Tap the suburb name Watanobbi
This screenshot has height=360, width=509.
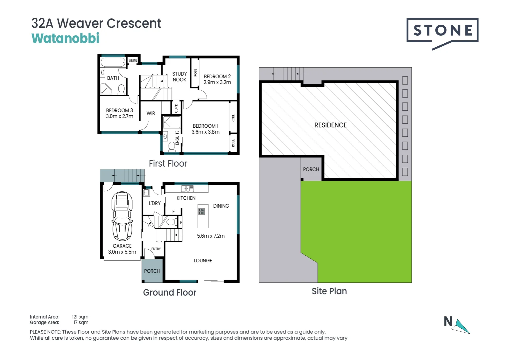click(65, 38)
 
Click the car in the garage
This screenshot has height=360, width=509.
click(122, 216)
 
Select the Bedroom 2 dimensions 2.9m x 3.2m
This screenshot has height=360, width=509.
click(217, 82)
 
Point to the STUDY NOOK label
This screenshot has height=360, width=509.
click(180, 77)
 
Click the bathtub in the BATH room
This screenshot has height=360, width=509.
click(113, 62)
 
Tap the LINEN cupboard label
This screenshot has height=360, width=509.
click(133, 60)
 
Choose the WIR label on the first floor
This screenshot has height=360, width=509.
click(151, 113)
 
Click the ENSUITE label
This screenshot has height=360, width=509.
click(177, 138)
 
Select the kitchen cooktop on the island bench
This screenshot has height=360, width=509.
click(202, 211)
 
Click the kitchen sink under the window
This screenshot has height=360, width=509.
click(187, 189)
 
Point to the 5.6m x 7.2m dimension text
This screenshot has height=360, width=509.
click(211, 236)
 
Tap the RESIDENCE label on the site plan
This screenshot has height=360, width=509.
click(330, 125)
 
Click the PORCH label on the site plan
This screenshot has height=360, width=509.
click(311, 169)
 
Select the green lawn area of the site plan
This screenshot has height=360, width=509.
click(359, 232)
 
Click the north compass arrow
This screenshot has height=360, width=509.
click(461, 327)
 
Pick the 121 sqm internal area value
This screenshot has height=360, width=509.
click(80, 317)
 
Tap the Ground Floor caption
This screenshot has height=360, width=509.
click(170, 292)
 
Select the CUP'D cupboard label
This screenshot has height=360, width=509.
click(176, 108)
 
